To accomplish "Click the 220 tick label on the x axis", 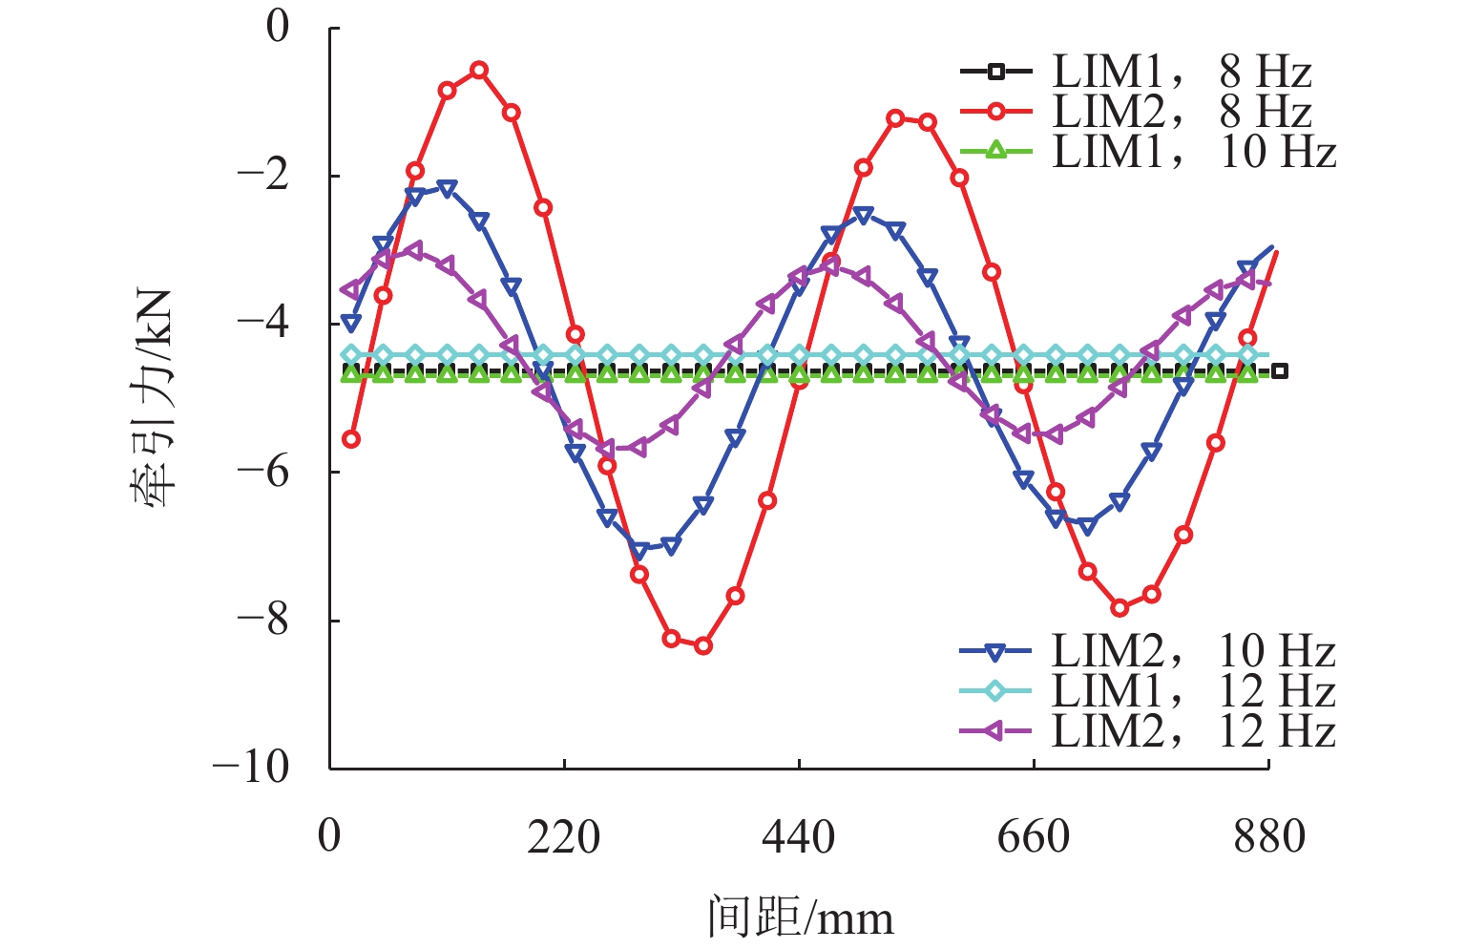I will (564, 837).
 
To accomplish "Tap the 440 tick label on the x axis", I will (799, 837).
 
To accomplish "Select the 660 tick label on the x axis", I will (1034, 837).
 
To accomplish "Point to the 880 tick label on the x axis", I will (1268, 837).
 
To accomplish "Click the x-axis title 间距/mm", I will (801, 917).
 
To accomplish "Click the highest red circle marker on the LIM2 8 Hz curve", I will (479, 70).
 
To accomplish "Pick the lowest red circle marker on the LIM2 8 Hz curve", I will (703, 646).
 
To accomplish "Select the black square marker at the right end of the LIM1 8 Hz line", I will (1280, 370).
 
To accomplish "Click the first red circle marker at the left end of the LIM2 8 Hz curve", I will (351, 439).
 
